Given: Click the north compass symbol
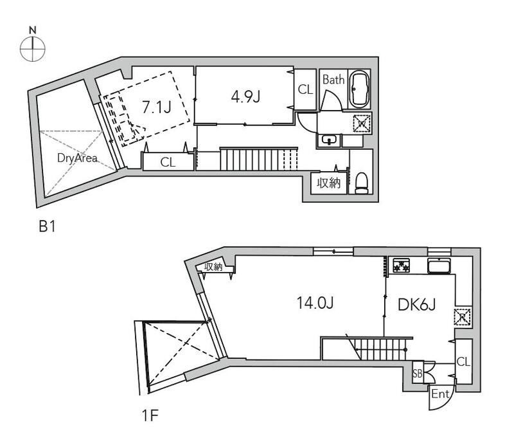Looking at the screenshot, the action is (33, 45).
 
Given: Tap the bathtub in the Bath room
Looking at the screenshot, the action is (359, 89).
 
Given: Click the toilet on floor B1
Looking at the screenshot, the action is (362, 183).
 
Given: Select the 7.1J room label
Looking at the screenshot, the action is (157, 107).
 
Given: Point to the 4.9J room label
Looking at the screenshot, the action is (245, 96).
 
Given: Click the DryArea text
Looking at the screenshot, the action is (77, 158).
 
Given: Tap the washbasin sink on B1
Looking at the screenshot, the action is (329, 140).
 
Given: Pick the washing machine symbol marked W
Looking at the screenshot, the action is (362, 123).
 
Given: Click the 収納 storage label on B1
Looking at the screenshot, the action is (328, 183).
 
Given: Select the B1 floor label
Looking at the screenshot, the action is (47, 226).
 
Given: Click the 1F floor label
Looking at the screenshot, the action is (150, 415).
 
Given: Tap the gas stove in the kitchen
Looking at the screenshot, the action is (402, 265).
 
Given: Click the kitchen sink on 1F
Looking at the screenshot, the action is (439, 266).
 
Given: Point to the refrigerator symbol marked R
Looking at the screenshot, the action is (463, 317).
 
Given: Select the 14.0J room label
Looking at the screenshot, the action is (315, 302).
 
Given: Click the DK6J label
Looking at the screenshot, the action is (416, 305).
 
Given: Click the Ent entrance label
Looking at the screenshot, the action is (440, 394).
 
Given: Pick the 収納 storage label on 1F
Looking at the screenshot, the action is (213, 267).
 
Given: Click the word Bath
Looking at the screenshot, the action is (333, 79).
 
